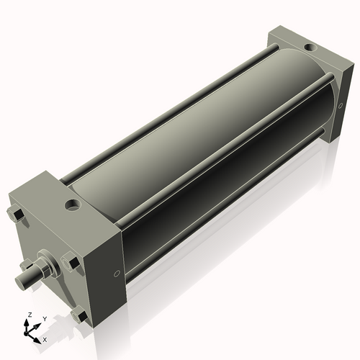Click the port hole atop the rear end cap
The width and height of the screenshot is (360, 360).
point(309,48)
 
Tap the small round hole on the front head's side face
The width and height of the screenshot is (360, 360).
point(117,274)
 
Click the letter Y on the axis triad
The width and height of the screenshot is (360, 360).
point(43,318)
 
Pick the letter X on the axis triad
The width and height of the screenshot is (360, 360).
point(45,338)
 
